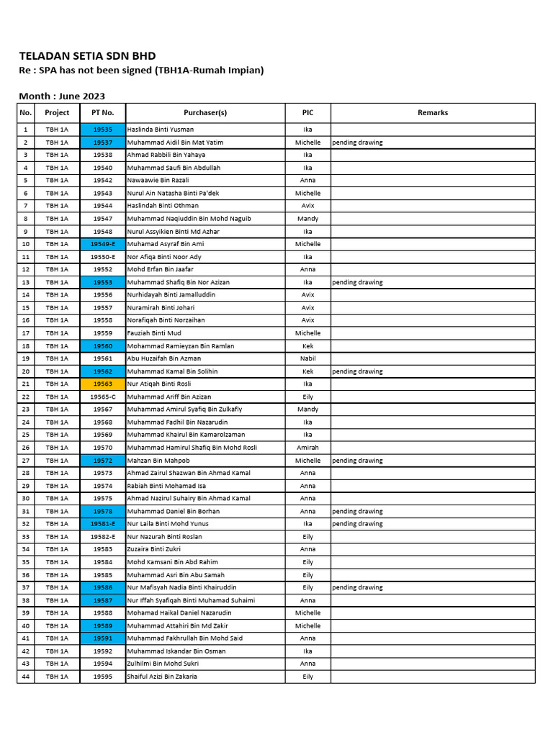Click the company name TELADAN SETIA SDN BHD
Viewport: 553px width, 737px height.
tap(86, 56)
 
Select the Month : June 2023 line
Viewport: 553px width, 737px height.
tap(61, 96)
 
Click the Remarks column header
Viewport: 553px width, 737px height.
tap(432, 113)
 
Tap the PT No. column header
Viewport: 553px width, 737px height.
tap(102, 113)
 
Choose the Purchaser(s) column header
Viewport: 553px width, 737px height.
tap(205, 113)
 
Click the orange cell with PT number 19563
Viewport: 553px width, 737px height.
tap(102, 384)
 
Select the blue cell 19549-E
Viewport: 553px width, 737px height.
tap(102, 244)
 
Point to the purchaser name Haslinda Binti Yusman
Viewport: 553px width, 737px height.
tap(160, 130)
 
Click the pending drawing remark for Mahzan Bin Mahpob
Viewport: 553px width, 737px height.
tap(357, 461)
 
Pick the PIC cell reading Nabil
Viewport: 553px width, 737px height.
tap(307, 358)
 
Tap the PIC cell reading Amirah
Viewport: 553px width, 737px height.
tap(307, 448)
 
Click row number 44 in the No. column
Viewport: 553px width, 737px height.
tap(26, 677)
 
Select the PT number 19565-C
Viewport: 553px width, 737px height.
tap(102, 397)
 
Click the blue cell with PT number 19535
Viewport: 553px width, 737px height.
tap(102, 130)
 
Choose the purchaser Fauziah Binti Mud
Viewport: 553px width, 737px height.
tap(154, 333)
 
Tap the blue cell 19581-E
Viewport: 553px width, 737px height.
tap(102, 524)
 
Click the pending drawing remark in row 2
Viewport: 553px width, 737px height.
tap(357, 143)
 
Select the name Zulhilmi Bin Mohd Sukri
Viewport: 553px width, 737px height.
tap(162, 664)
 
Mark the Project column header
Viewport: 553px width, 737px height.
tap(57, 113)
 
